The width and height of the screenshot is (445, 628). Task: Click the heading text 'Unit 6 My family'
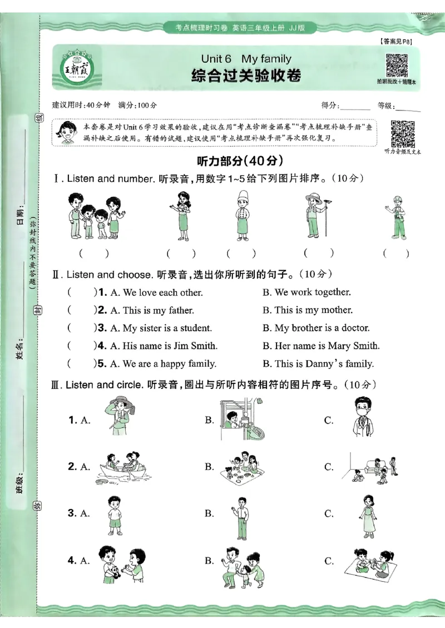tap(246, 59)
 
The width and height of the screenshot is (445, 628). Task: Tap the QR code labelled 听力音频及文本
tap(403, 133)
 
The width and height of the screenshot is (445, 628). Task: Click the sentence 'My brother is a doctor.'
tap(316, 328)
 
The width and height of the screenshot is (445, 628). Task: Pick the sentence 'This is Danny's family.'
tap(318, 364)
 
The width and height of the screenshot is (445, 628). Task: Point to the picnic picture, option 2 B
tap(243, 466)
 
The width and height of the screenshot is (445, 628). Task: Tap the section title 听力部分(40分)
tap(240, 161)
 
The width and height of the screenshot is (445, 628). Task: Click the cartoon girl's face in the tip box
tap(67, 132)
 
